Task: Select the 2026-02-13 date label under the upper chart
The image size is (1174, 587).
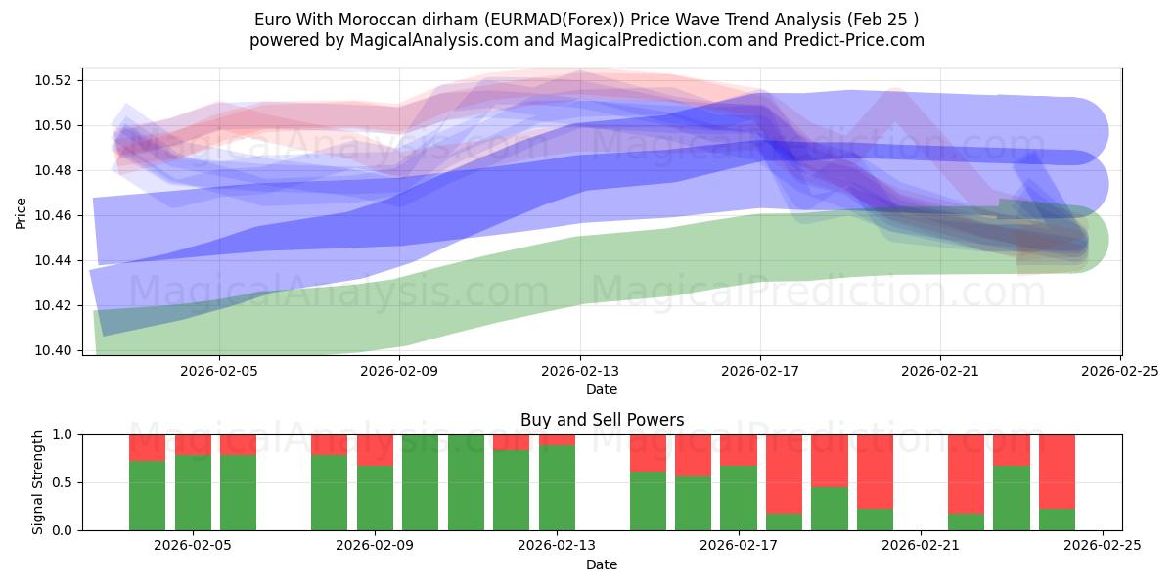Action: point(580,371)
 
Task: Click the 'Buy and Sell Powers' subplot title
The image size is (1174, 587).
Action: point(602,421)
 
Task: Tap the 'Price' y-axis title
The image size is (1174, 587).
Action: point(22,211)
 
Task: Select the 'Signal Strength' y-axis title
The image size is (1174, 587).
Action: point(39,482)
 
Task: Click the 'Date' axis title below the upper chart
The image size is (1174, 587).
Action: point(602,389)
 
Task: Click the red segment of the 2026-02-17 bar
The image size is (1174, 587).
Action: point(739,450)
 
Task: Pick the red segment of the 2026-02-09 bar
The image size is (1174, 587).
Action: point(375,450)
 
